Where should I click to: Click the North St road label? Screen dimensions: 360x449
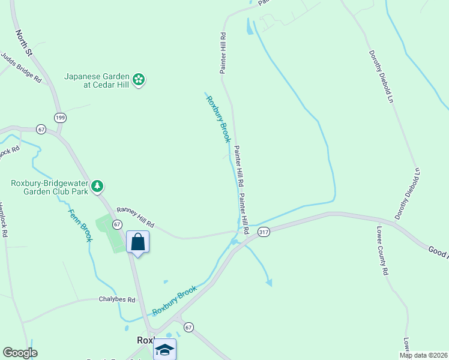27,44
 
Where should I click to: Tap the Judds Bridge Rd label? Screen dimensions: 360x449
20,68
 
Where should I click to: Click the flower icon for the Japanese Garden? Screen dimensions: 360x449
139,80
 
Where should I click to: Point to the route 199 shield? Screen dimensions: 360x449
59,117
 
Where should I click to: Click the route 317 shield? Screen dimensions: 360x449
263,231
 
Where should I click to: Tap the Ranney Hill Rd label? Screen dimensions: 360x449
135,217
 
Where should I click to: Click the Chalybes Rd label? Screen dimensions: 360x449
117,299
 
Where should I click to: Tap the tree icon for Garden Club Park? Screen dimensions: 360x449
97,188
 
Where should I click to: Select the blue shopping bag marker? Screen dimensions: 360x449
137,242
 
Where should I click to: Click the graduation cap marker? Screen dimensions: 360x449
164,349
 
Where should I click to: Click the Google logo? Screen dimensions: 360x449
20,353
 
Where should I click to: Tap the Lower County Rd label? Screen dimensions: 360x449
382,250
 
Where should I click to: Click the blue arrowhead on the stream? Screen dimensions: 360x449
270,282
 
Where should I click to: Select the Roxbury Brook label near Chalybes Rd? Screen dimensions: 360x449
174,301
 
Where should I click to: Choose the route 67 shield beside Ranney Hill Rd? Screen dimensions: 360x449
117,224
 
